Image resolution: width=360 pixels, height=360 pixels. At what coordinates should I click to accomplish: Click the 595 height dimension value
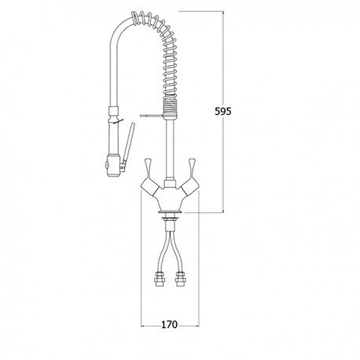click(223, 112)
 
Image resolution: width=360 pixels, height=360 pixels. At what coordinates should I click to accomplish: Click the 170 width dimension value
click(169, 325)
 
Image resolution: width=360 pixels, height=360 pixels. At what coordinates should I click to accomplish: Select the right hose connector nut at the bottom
click(179, 279)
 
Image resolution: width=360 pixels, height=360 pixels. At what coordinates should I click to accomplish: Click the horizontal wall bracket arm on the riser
click(152, 115)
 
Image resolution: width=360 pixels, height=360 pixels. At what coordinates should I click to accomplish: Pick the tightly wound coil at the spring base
click(171, 108)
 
